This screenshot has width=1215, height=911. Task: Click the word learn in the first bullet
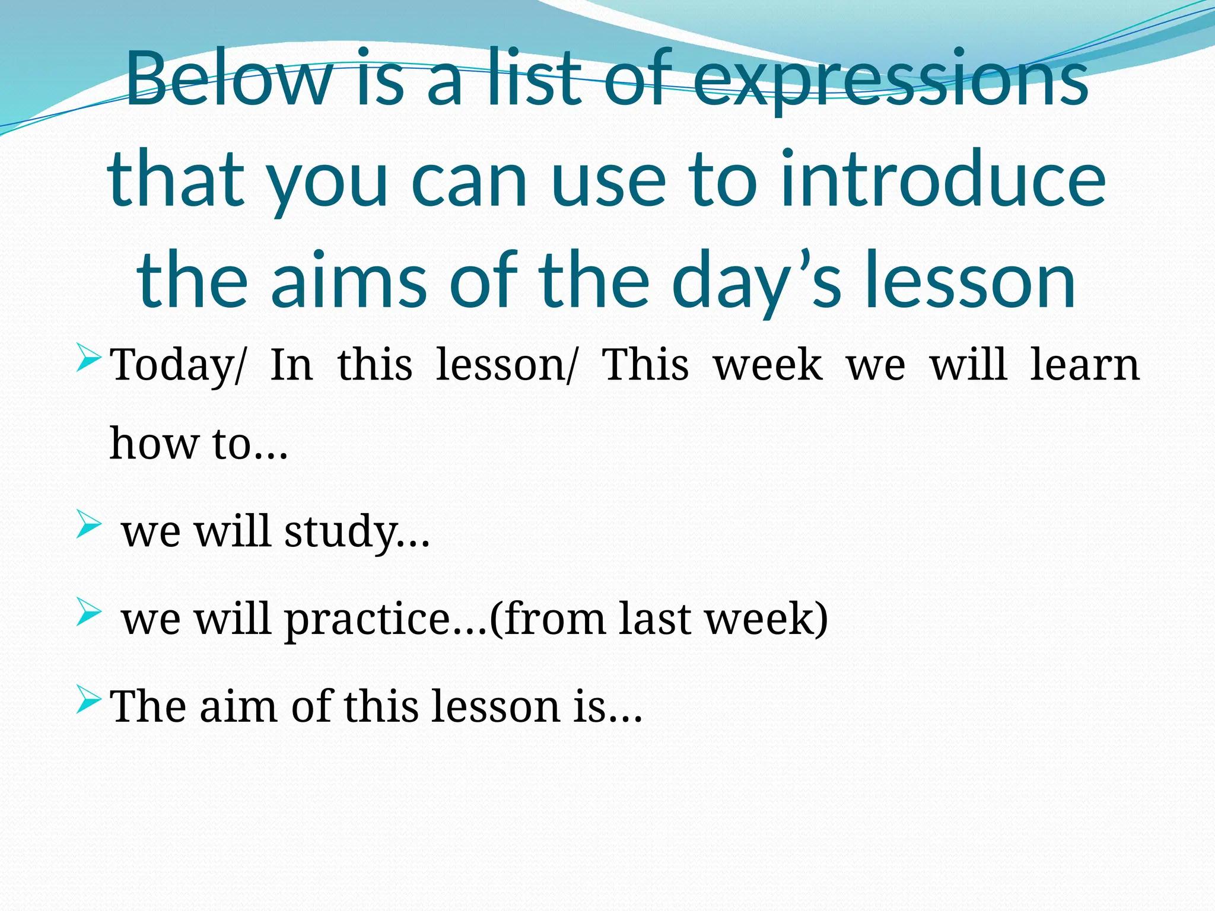click(x=1085, y=364)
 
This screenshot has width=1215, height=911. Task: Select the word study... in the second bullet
click(x=357, y=532)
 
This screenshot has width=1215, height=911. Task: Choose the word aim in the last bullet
click(x=238, y=706)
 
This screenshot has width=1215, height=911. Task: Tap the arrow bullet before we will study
click(x=89, y=525)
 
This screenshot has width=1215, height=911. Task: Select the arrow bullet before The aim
click(x=89, y=700)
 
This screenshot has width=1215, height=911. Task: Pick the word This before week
click(x=645, y=364)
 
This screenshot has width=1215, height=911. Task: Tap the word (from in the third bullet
click(x=546, y=619)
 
